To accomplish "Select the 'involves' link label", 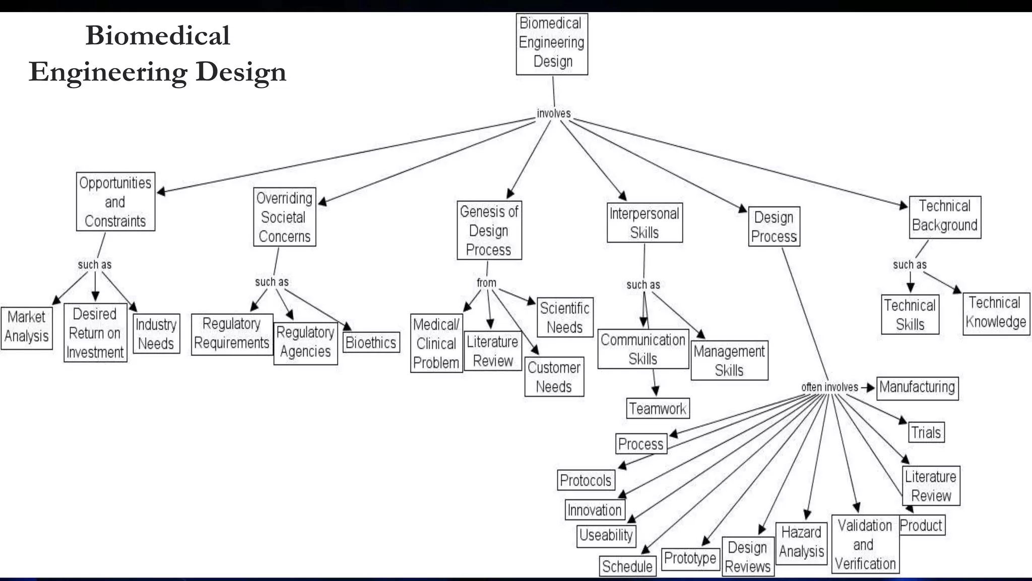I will coord(553,113).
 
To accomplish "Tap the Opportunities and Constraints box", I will coord(115,202).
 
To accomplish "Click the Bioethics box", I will coord(371,342).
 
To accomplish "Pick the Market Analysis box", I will coord(27,327).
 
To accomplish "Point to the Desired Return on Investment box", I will coord(95,333).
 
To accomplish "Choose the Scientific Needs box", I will coord(564,317).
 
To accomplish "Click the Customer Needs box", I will coord(554,377).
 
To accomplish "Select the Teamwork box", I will coord(658,408).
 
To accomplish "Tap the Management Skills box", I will coord(729,361).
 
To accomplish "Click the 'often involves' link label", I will coord(829,387).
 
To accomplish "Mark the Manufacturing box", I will coord(917,387).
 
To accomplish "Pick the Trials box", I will coord(926,432).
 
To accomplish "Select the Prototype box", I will coord(690,558).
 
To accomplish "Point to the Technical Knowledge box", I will coord(996,313).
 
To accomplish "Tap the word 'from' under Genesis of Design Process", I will coord(486,282).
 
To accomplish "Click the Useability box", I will coord(606,535).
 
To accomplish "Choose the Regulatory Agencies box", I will coord(305,342).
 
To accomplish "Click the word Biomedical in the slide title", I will coord(158,35).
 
